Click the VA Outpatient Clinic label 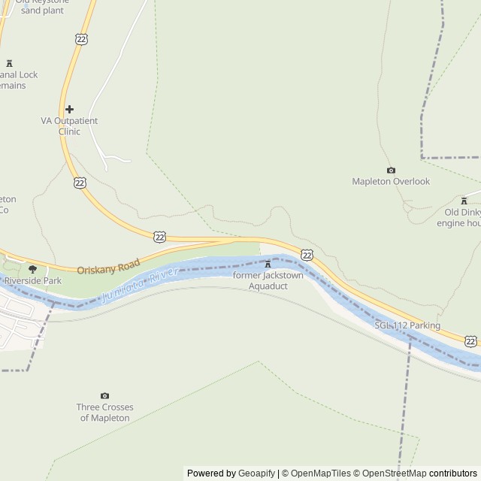coord(69,126)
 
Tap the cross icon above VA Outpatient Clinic coord(69,110)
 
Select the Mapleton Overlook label coord(391,182)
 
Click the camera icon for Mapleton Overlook coord(391,171)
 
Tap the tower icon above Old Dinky coord(464,201)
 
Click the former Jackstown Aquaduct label coord(268,280)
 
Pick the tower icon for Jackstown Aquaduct coord(268,264)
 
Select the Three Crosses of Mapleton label coord(104,412)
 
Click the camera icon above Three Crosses coord(104,396)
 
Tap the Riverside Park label coord(32,281)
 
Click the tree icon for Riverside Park coord(32,269)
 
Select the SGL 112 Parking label coord(407,325)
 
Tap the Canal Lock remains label coord(19,80)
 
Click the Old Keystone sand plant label coord(41,7)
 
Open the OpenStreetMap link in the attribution coord(395,473)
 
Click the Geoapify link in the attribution coord(256,473)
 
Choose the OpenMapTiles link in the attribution coord(320,473)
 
